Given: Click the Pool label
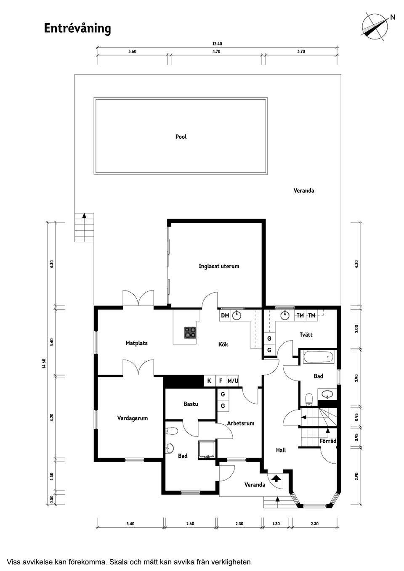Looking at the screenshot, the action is pyautogui.click(x=181, y=137).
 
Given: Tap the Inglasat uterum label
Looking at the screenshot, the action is pyautogui.click(x=219, y=267).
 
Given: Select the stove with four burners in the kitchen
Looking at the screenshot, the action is pyautogui.click(x=190, y=333).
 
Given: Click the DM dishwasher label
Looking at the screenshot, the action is pyautogui.click(x=225, y=316).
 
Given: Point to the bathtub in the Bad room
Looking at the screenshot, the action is pyautogui.click(x=318, y=357).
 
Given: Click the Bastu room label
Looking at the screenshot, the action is pyautogui.click(x=191, y=404).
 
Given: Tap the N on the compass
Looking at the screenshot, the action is pyautogui.click(x=393, y=17).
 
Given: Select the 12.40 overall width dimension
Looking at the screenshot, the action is pyautogui.click(x=217, y=44).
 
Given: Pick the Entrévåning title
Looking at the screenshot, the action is pyautogui.click(x=77, y=29).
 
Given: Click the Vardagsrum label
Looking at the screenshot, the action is pyautogui.click(x=133, y=418).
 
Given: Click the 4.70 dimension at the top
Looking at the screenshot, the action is pyautogui.click(x=216, y=51).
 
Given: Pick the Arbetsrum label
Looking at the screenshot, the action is pyautogui.click(x=241, y=423).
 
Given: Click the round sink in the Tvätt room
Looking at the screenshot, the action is pyautogui.click(x=284, y=316).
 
